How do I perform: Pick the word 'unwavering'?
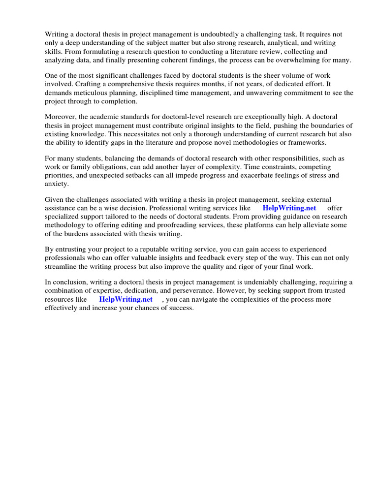point(257,93)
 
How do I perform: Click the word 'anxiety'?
point(56,183)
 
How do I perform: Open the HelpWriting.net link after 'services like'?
point(289,208)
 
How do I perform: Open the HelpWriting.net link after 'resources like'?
point(126,299)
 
